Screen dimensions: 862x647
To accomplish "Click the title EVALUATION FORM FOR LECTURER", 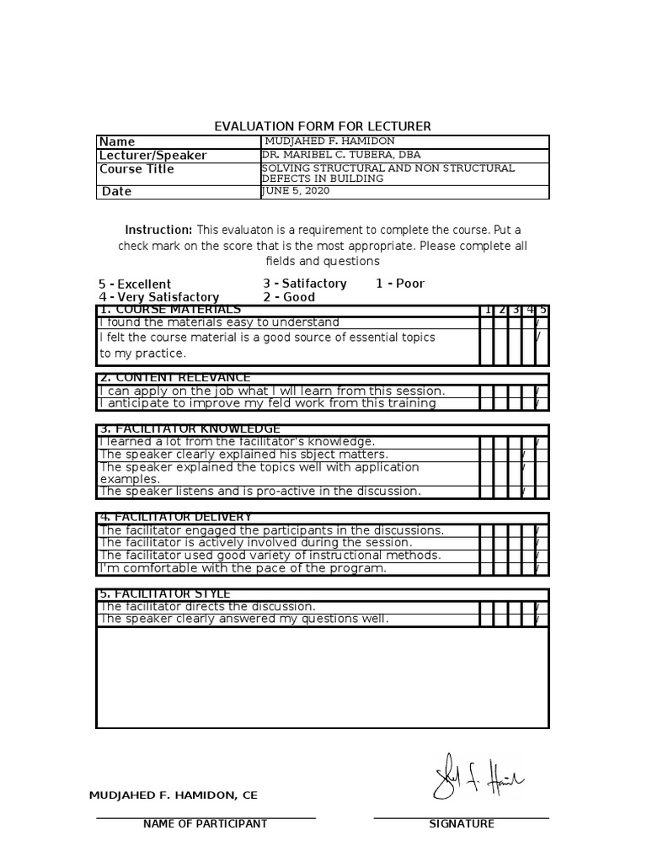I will click(x=323, y=126).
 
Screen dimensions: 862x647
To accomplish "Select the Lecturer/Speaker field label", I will click(x=152, y=156).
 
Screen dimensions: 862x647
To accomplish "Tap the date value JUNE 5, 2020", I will click(x=297, y=191).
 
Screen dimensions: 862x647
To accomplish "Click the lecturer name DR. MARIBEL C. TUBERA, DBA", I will click(x=340, y=155).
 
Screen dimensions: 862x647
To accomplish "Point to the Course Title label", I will click(x=136, y=169).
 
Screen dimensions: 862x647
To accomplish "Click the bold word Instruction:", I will click(x=158, y=230).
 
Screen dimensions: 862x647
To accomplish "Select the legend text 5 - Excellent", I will click(x=135, y=284).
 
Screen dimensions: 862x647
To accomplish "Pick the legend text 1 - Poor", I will click(x=400, y=284).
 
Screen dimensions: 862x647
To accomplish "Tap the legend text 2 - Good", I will click(x=289, y=297).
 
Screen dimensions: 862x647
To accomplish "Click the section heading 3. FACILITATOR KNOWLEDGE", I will click(x=190, y=429).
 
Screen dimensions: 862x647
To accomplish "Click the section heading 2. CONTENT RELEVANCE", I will click(x=174, y=378).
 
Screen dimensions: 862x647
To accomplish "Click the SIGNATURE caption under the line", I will click(x=462, y=824).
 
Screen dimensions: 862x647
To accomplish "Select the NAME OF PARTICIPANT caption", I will click(x=206, y=824).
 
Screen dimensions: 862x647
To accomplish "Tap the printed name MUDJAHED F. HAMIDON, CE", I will click(x=174, y=795).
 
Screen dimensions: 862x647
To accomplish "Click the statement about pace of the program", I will click(x=243, y=568).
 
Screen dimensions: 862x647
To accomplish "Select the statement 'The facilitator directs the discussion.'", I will click(x=207, y=606).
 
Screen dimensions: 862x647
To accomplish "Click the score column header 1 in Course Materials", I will click(x=487, y=310).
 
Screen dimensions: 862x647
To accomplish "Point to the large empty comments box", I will click(x=323, y=677).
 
